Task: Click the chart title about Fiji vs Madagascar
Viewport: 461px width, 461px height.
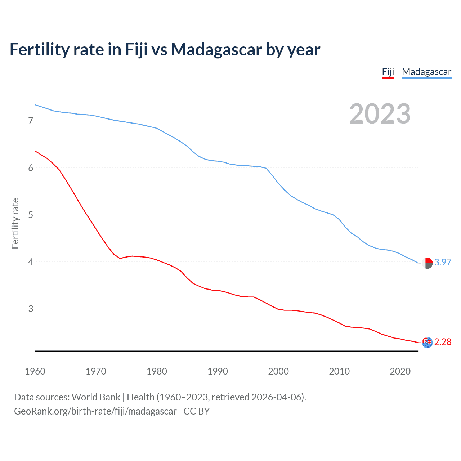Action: point(165,50)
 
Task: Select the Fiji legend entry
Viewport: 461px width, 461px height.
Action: point(388,72)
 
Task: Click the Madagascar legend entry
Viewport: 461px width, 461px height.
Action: point(426,72)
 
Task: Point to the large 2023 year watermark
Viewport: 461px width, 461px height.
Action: point(380,114)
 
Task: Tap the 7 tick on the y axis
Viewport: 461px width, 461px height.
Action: point(31,121)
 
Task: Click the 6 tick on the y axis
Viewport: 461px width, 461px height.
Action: point(31,168)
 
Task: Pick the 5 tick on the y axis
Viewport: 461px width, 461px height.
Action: point(31,215)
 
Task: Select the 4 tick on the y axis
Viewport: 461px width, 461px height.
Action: point(31,262)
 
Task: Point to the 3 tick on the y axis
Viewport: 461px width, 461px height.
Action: point(31,309)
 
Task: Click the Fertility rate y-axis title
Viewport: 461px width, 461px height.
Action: point(15,223)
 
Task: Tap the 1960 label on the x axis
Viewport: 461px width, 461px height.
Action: point(35,371)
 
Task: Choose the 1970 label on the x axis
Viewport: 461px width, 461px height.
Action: point(96,371)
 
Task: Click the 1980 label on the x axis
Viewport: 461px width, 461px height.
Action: point(157,371)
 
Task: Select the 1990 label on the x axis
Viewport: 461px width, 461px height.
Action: point(218,371)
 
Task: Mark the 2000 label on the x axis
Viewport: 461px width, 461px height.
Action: point(278,371)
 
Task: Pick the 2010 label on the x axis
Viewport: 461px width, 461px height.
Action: point(339,371)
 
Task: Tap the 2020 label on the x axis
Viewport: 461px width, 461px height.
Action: point(400,371)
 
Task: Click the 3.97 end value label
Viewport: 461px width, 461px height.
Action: point(443,263)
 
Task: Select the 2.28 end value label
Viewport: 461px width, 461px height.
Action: point(443,342)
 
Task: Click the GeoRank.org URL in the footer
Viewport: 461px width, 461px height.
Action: point(95,411)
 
